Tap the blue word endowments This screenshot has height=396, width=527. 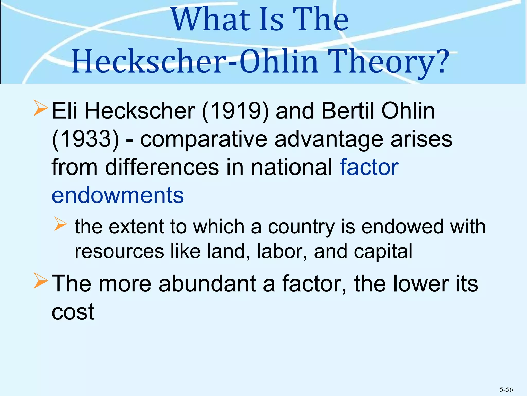click(118, 195)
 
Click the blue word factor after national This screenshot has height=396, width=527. click(369, 167)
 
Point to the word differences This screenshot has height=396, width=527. click(162, 167)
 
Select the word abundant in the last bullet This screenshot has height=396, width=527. click(207, 284)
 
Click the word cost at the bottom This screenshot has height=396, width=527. click(73, 312)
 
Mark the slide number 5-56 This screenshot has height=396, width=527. click(506, 390)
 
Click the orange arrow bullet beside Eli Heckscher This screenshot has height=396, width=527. click(40, 109)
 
